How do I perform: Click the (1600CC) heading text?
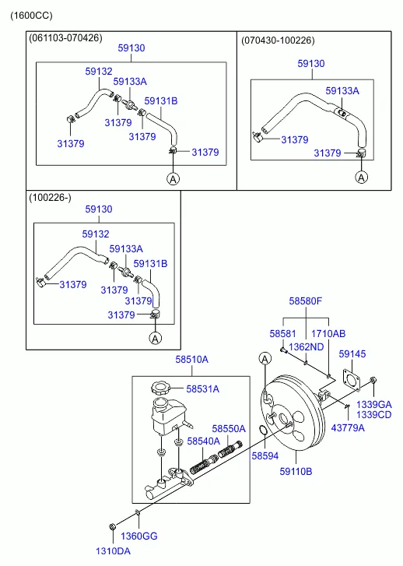pyautogui.click(x=32, y=16)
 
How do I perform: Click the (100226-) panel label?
pyautogui.click(x=51, y=198)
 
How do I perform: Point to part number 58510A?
pyautogui.click(x=191, y=360)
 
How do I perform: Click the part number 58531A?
pyautogui.click(x=202, y=389)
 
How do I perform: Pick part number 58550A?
pyautogui.click(x=229, y=428)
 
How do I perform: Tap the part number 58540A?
pyautogui.click(x=203, y=441)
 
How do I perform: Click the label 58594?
pyautogui.click(x=264, y=455)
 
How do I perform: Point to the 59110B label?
pyautogui.click(x=296, y=471)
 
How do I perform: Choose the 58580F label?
pyautogui.click(x=305, y=300)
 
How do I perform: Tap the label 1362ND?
pyautogui.click(x=304, y=346)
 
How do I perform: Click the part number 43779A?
pyautogui.click(x=348, y=427)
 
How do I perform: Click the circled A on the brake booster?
pyautogui.click(x=265, y=357)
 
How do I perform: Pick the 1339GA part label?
pyautogui.click(x=374, y=404)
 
